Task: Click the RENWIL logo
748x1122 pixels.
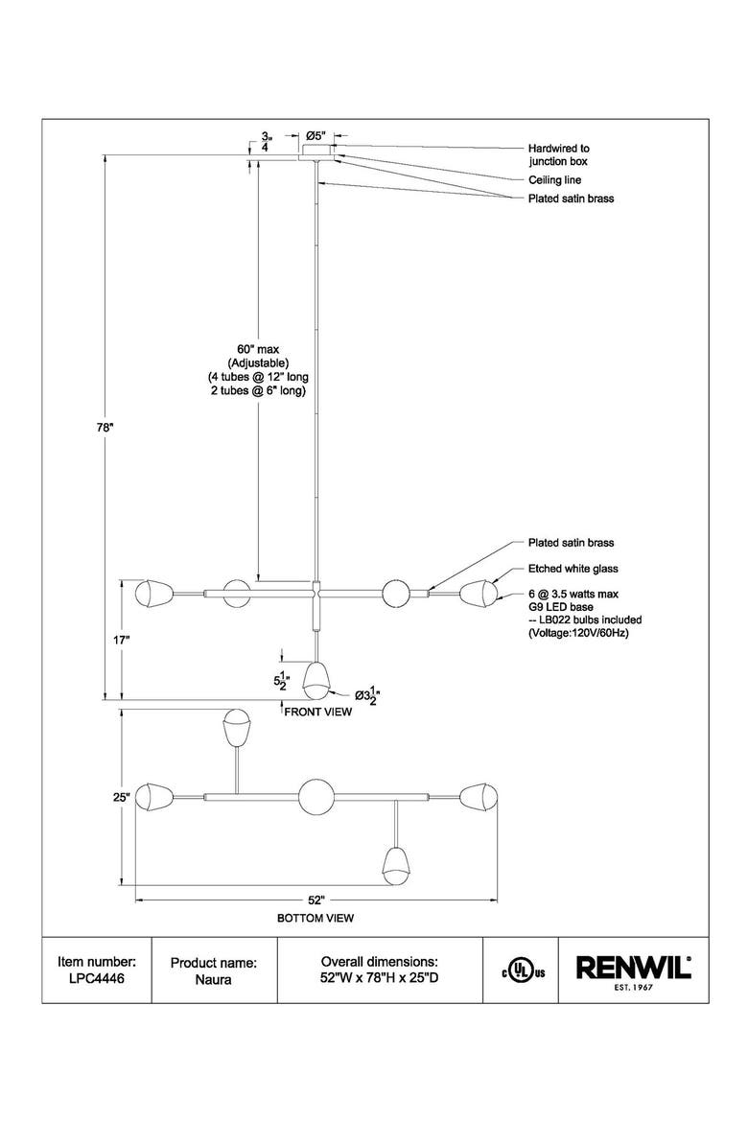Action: tap(634, 971)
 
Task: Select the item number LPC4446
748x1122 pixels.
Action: tap(97, 978)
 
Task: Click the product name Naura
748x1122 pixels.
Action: tap(213, 979)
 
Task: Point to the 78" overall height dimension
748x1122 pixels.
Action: tap(105, 427)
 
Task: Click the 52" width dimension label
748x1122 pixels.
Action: tap(317, 900)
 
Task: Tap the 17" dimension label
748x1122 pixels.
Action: tap(121, 640)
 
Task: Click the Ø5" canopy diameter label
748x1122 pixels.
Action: tap(316, 135)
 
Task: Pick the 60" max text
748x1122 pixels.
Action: tap(258, 349)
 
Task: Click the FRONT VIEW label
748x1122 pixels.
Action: tap(317, 712)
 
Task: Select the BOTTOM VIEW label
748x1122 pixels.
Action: tap(316, 918)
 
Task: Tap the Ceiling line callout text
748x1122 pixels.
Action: tap(554, 180)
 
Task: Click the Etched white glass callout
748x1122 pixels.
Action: tap(573, 569)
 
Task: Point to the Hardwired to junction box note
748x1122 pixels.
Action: tap(558, 154)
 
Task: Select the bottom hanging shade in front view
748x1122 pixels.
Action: tap(316, 681)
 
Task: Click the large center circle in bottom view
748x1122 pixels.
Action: tap(316, 796)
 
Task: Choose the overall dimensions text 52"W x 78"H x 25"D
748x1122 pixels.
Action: tap(380, 977)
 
